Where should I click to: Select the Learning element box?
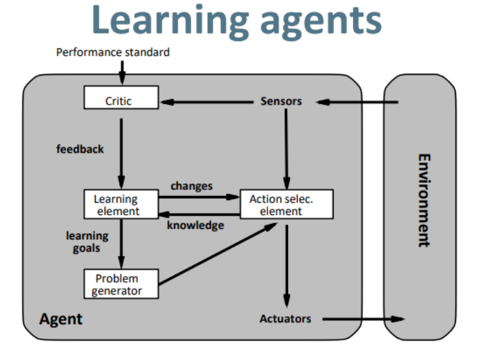click(121, 205)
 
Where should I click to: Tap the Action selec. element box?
click(287, 205)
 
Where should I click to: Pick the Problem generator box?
click(121, 284)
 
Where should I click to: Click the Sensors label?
click(281, 101)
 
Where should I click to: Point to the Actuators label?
click(285, 319)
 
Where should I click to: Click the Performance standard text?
click(113, 52)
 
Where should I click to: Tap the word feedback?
click(80, 149)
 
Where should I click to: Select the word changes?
click(191, 186)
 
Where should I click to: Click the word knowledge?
click(195, 225)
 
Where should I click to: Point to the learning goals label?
click(87, 242)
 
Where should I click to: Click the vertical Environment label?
click(423, 200)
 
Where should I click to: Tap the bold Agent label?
click(61, 319)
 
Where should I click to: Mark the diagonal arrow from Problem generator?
click(218, 253)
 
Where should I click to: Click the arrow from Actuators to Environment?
click(363, 319)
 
